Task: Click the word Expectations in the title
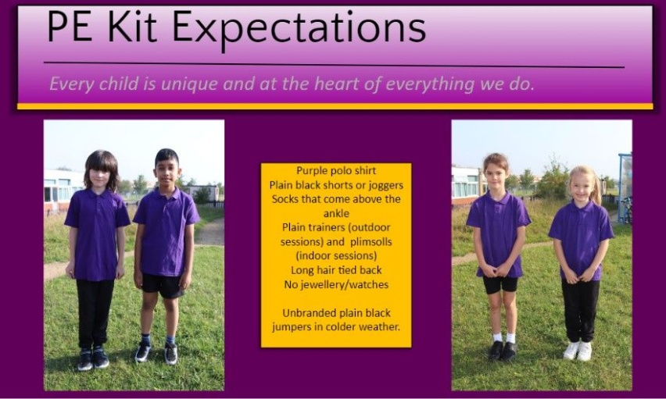point(299,27)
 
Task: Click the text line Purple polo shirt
point(336,171)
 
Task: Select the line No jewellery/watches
point(336,284)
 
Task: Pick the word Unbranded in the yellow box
point(306,313)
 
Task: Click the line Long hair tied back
point(336,270)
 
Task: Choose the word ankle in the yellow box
point(336,213)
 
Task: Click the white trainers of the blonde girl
point(578,351)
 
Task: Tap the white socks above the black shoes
point(503,338)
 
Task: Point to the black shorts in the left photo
point(163,285)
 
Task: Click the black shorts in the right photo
point(500,283)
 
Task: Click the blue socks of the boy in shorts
point(158,340)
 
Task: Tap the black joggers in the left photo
point(95,313)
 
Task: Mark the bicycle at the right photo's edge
point(626,210)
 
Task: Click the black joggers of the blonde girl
point(580,311)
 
